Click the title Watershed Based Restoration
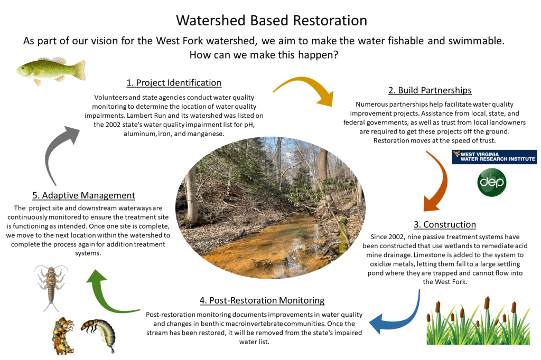click(x=271, y=20)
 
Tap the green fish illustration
click(x=51, y=70)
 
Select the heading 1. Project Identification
click(x=174, y=83)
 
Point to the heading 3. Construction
click(x=445, y=224)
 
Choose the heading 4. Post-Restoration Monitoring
click(x=262, y=300)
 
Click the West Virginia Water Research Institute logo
click(x=494, y=157)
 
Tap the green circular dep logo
click(x=492, y=183)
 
